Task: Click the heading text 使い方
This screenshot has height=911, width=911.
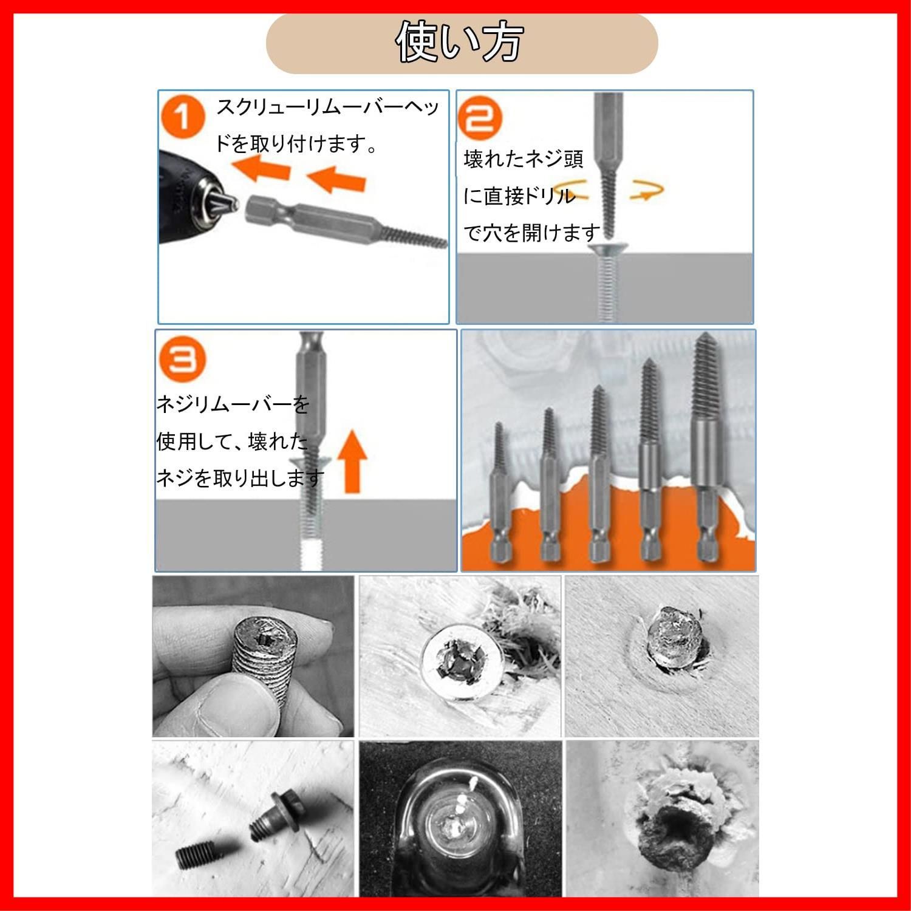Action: point(459,43)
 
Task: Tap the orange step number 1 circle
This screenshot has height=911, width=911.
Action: point(183,118)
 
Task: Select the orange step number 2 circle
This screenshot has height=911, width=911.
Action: point(480,117)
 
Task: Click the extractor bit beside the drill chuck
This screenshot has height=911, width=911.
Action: point(344,222)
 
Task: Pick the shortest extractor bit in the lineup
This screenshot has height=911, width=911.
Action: point(499,492)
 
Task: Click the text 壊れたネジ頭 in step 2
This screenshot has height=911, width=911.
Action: point(524,159)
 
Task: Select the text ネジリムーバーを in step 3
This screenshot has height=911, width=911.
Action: point(233,404)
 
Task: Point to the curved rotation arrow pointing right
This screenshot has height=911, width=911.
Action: point(646,189)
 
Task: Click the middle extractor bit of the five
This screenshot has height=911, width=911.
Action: point(599,474)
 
